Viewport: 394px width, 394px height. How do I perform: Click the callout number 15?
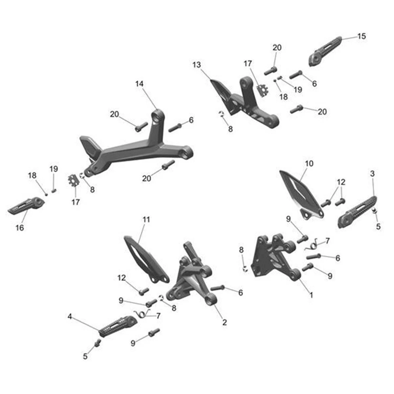pos(361,36)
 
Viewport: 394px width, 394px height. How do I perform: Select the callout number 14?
pos(139,84)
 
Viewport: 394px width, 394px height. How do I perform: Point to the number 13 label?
pos(196,65)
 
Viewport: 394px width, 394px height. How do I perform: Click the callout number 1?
pos(311,295)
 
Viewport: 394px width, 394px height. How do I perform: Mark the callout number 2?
pos(225,322)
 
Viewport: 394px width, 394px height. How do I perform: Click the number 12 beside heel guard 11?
pos(121,278)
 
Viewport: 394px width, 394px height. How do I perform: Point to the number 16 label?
pos(20,227)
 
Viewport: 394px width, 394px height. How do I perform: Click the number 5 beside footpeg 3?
pos(378,226)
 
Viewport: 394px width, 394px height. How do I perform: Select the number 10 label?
pos(309,163)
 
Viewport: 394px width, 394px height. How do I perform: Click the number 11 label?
pos(146,219)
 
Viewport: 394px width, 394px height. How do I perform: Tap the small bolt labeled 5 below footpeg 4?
pos(97,343)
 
